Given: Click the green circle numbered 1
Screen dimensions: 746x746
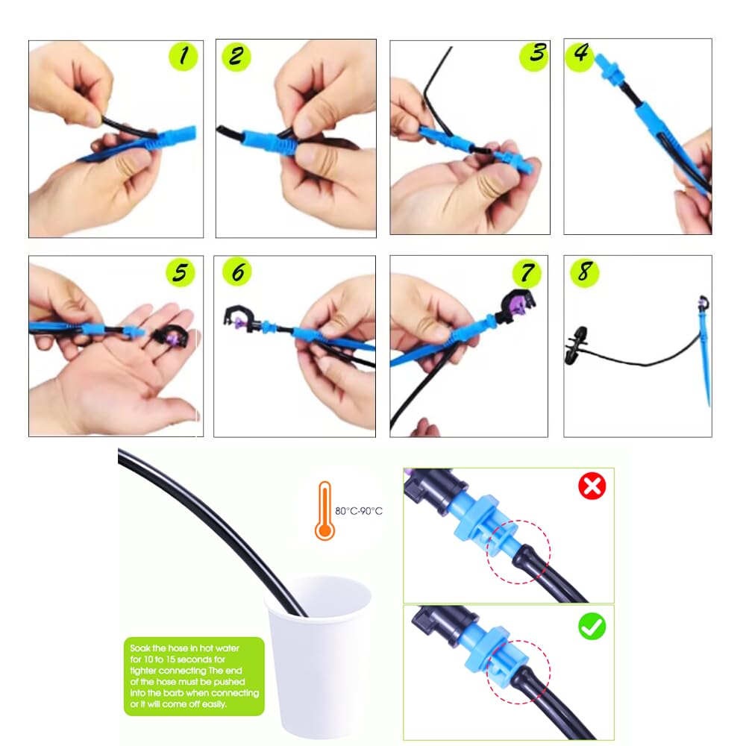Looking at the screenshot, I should coord(183,56).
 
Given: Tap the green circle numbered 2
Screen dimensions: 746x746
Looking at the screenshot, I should coord(236,56).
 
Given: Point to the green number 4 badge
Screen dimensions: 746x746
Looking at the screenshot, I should coord(581,55).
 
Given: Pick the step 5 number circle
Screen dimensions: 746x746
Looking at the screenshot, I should coord(180,273).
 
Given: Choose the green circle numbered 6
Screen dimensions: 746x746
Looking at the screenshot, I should coord(237,272).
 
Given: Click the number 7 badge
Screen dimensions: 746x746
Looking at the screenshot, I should coord(527,272).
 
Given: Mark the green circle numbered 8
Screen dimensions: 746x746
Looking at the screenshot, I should coord(583,272).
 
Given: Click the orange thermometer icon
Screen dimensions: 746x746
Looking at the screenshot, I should coord(325,510).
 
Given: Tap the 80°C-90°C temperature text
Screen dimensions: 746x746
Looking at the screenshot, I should coord(359,511).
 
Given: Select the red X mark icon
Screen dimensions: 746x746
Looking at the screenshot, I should coord(592,487).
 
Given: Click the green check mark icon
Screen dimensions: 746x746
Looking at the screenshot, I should coord(592,627).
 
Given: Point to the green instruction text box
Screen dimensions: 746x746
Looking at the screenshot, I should coord(194,676).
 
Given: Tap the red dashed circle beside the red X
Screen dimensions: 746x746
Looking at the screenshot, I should coord(518,553).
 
